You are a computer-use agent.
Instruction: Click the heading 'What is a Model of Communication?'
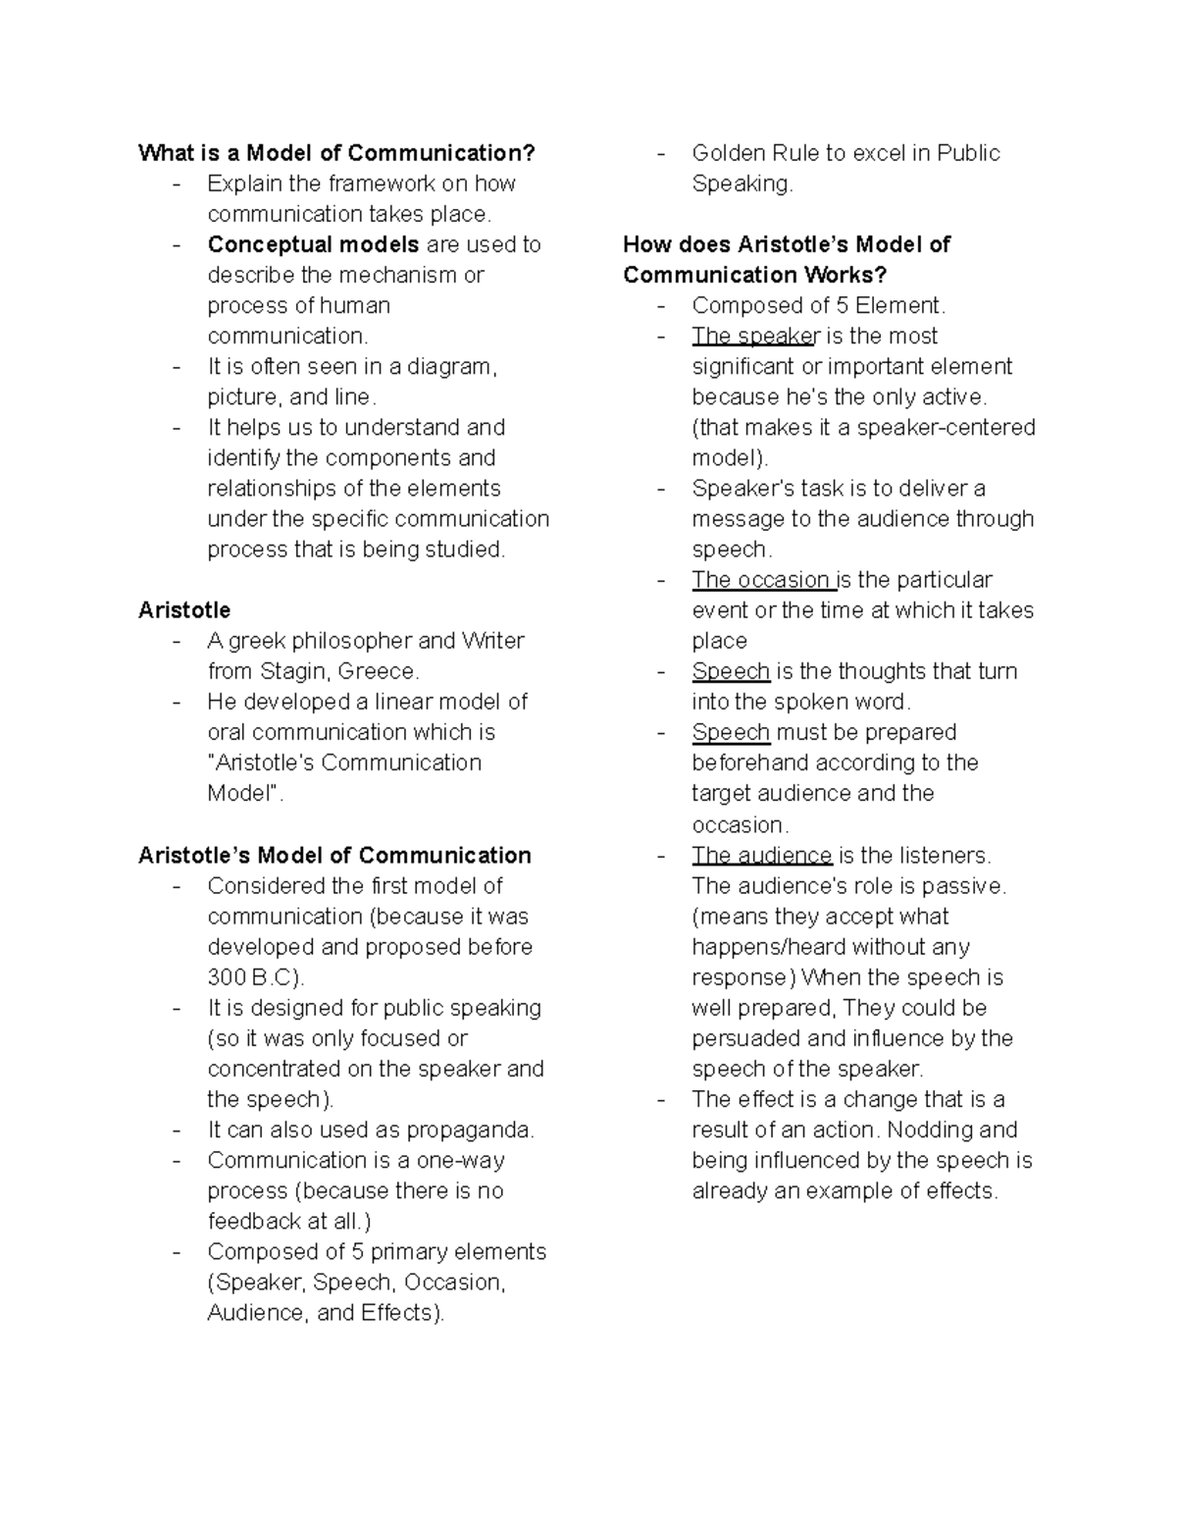tap(336, 153)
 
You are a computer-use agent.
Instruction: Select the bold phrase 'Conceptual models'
tap(313, 244)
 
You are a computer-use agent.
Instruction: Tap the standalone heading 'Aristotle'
tap(184, 610)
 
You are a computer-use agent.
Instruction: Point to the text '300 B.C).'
tap(256, 977)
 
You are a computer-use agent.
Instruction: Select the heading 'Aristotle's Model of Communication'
tap(334, 855)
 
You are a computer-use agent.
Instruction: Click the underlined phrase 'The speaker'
tap(754, 336)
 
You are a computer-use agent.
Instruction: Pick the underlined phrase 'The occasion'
tap(761, 580)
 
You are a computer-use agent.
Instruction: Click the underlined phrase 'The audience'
tap(761, 855)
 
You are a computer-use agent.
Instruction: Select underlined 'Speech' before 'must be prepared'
tap(731, 733)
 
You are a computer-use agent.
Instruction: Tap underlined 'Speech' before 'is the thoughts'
tap(731, 671)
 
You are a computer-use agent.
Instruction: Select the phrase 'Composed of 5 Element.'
tap(818, 305)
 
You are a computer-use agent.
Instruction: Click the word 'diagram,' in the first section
tap(457, 367)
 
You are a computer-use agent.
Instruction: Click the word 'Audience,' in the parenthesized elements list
tap(258, 1313)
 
